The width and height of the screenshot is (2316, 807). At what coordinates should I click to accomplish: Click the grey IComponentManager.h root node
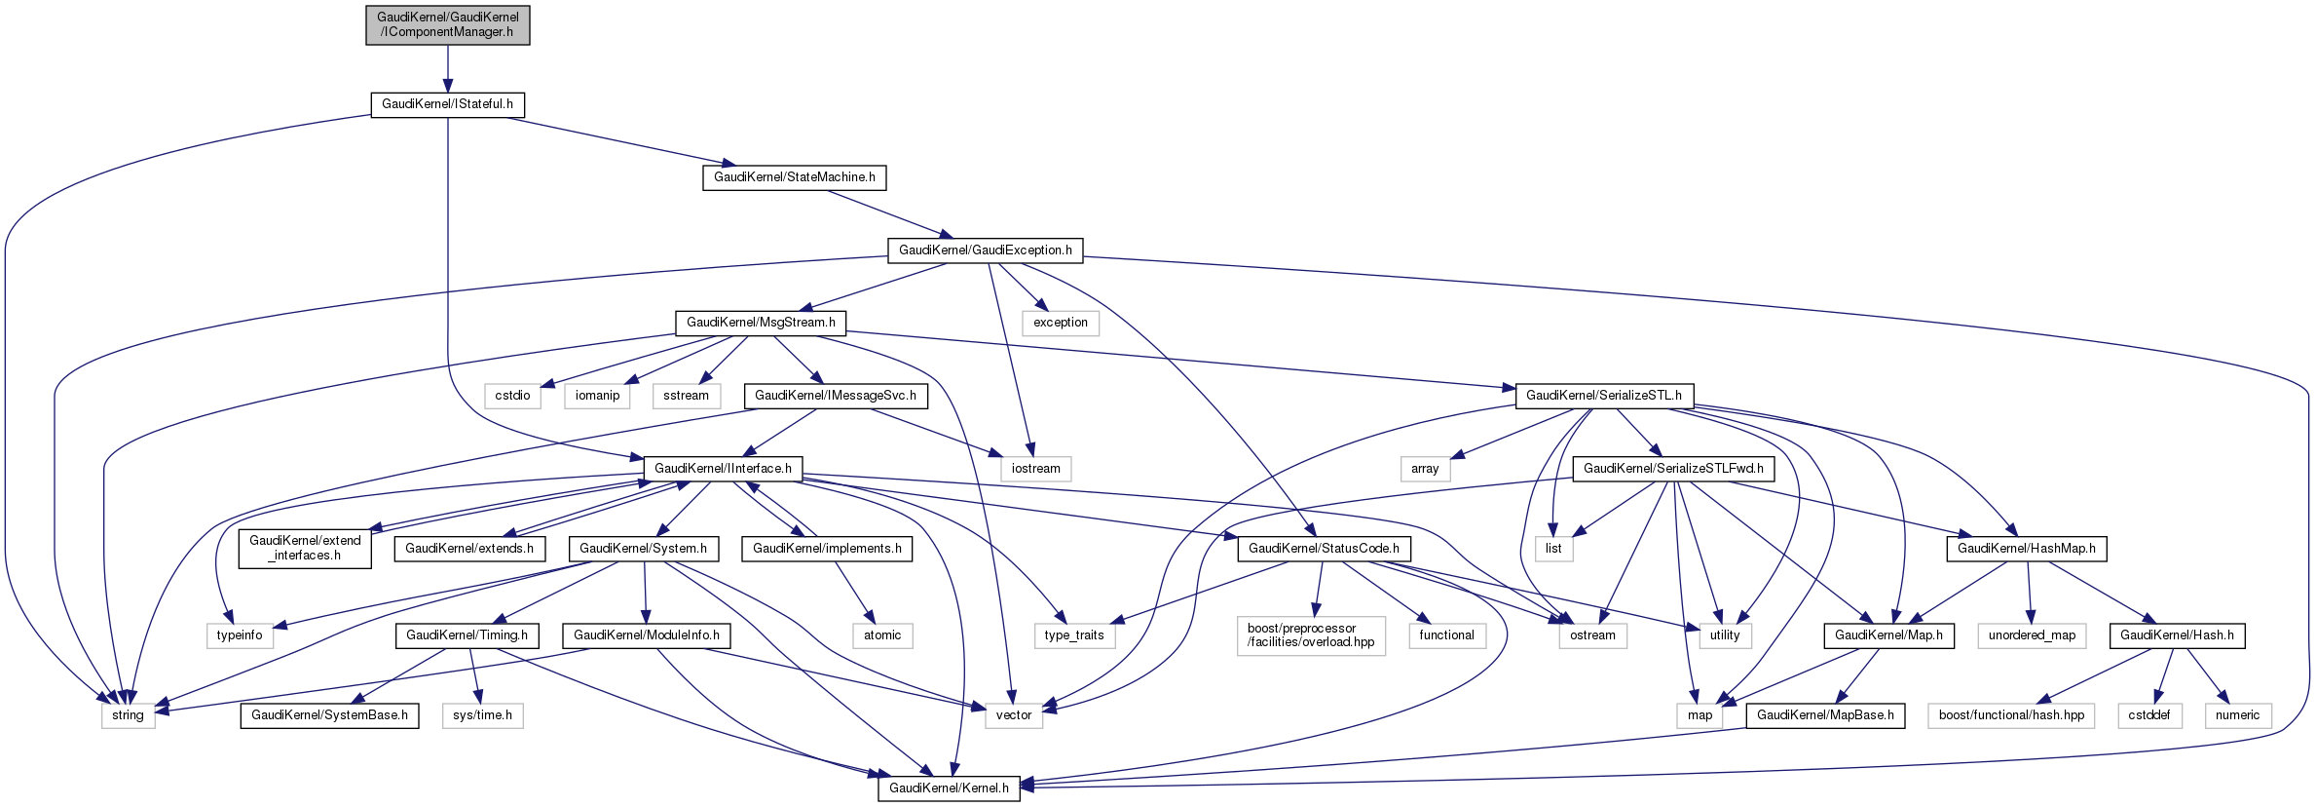(448, 24)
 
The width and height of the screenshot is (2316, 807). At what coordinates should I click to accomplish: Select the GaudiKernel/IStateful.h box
(447, 104)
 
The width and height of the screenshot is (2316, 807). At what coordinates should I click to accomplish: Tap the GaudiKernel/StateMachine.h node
(794, 177)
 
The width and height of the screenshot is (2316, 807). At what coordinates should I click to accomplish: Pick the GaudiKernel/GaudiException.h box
(985, 250)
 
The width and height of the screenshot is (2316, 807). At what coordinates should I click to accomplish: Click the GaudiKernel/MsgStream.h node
(761, 323)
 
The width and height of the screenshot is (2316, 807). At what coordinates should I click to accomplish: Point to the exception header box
(1060, 323)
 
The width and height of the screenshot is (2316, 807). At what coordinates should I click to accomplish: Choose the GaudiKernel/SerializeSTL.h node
(1603, 396)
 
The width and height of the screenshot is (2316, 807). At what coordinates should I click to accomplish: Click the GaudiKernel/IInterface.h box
(723, 469)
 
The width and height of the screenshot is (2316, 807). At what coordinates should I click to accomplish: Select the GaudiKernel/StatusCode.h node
(1324, 549)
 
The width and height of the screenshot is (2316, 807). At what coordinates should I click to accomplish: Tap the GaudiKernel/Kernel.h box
(949, 788)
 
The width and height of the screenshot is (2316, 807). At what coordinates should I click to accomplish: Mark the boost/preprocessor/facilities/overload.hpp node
(1311, 635)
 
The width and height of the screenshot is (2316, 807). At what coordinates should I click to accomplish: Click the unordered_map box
(2032, 635)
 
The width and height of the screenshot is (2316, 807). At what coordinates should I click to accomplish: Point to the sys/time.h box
(482, 715)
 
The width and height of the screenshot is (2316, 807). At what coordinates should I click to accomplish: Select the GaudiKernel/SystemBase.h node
(329, 715)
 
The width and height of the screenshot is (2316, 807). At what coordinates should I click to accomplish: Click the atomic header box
(882, 635)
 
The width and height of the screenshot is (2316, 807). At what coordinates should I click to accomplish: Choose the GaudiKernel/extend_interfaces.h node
(305, 548)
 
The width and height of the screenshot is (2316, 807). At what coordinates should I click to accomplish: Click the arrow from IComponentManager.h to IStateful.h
(448, 68)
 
